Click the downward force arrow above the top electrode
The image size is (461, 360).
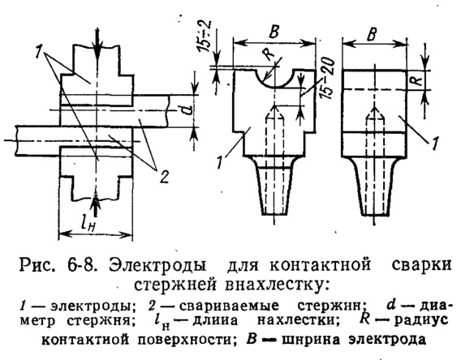point(98,44)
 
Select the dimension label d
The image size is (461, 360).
point(189,110)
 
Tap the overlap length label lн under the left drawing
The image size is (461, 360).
point(88,224)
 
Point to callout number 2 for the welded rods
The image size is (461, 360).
point(164,176)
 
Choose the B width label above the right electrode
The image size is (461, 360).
point(372,34)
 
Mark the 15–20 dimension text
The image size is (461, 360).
point(328,78)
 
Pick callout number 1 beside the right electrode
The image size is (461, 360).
point(435,144)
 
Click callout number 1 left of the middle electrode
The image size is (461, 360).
point(219,162)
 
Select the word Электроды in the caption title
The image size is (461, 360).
point(158,266)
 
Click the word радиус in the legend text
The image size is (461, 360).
point(421,320)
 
